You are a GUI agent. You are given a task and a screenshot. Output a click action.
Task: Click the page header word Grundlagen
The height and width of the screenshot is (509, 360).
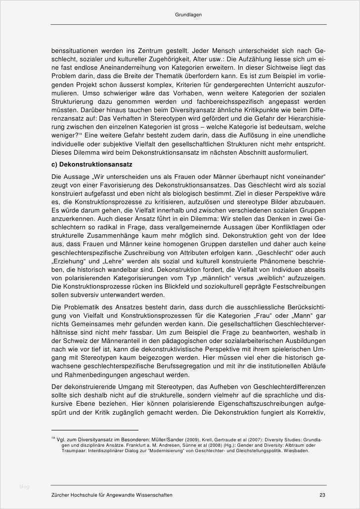(x=188, y=15)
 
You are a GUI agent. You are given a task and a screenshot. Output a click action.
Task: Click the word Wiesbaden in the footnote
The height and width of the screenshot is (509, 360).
(x=296, y=450)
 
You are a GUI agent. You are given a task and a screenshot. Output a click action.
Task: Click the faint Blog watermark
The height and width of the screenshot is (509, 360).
(x=24, y=487)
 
